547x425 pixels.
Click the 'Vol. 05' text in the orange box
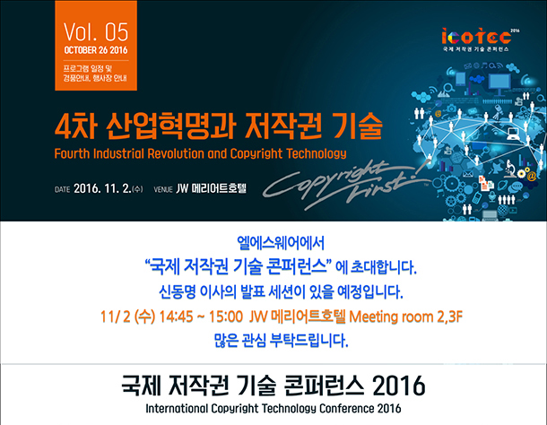coord(96,31)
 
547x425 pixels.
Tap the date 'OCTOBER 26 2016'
coord(96,50)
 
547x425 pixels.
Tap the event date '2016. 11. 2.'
coord(102,189)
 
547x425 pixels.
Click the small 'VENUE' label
coord(163,189)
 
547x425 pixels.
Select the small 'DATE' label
coord(62,189)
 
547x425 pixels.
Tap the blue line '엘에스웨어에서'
coord(281,243)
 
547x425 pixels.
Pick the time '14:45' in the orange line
coord(176,317)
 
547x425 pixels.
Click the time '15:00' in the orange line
coord(226,317)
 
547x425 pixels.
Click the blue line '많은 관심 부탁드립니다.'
coord(281,340)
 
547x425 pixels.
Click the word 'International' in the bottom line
coord(176,408)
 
